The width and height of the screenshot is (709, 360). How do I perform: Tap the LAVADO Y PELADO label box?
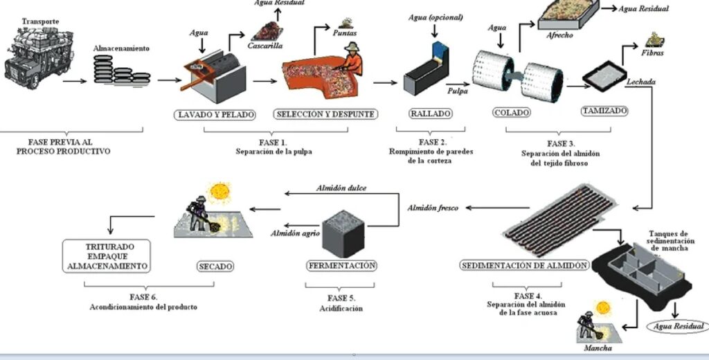(215, 114)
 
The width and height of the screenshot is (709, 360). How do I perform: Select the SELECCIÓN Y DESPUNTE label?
(325, 114)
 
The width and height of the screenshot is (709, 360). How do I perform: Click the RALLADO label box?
(431, 114)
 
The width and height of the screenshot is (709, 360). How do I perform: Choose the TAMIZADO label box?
(605, 111)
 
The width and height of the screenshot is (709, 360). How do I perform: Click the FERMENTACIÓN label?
(342, 266)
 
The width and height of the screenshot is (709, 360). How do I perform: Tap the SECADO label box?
(216, 267)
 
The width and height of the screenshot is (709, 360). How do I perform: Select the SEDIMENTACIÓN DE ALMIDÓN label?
(525, 265)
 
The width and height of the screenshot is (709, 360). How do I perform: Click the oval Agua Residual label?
(678, 326)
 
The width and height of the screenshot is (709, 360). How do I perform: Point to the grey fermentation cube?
(343, 234)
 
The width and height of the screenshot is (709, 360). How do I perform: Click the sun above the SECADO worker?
(220, 192)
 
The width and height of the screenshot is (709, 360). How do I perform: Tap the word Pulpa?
(458, 91)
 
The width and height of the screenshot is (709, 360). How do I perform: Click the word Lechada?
(640, 82)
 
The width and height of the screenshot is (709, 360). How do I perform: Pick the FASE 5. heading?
(341, 298)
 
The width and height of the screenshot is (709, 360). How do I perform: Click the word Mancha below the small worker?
(598, 348)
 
